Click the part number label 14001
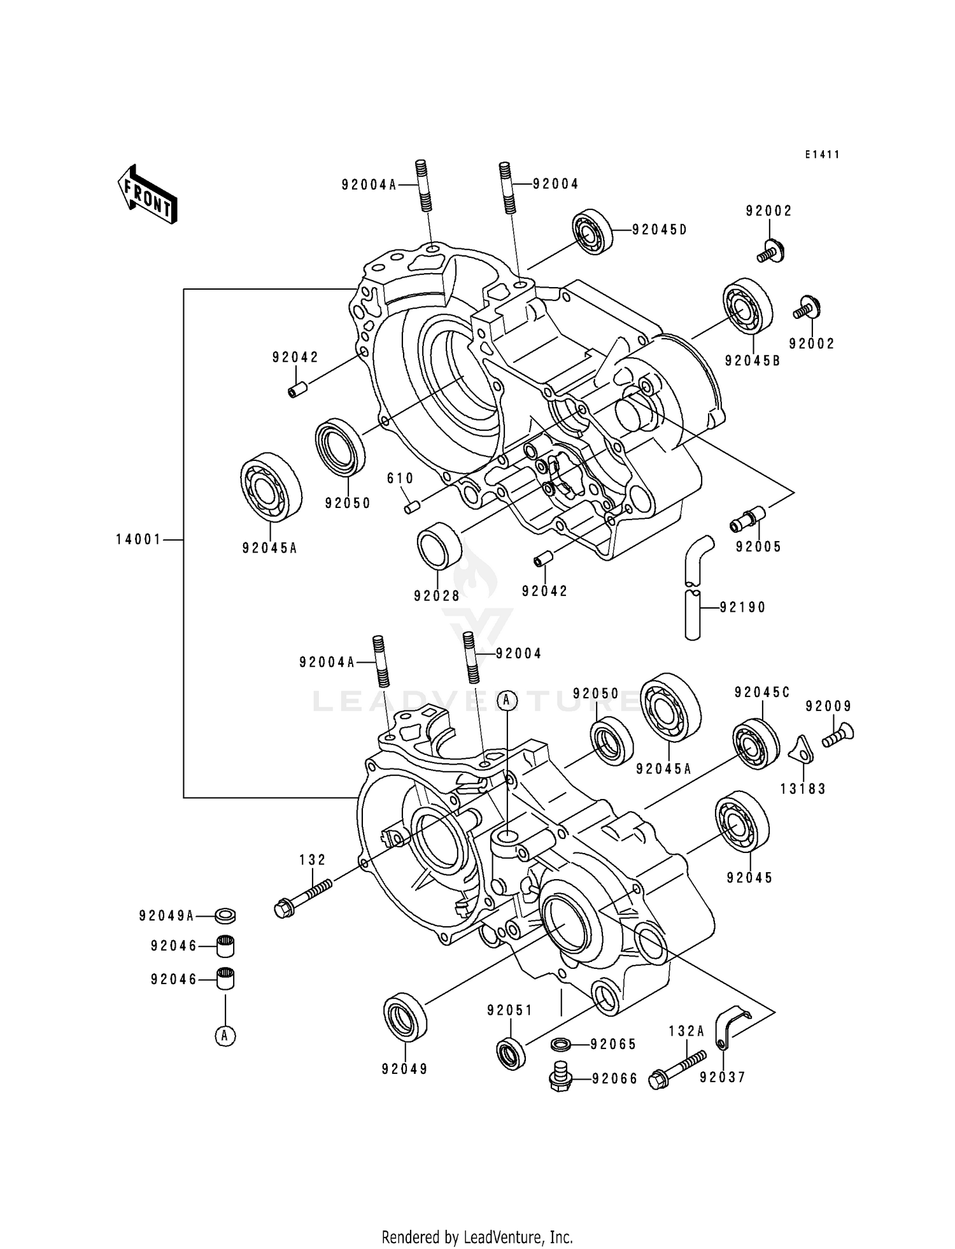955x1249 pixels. click(138, 540)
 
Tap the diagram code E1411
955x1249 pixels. click(822, 155)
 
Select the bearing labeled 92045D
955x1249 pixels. click(591, 232)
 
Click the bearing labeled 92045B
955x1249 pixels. click(747, 306)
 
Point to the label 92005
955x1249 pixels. click(758, 547)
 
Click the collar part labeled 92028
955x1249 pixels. click(439, 545)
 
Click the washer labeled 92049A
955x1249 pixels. click(225, 916)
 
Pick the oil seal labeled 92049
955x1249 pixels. click(406, 1017)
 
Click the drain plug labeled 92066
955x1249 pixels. click(560, 1077)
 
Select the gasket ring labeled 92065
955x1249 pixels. click(560, 1044)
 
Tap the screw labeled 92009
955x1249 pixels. click(838, 737)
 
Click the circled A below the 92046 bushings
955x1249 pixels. click(225, 1036)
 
